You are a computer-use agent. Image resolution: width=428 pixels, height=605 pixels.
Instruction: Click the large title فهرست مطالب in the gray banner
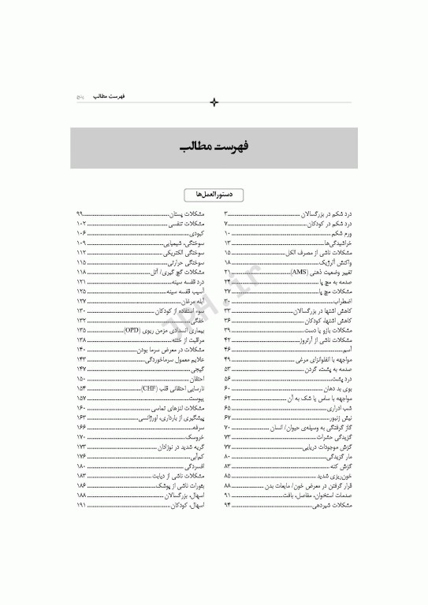[214, 147]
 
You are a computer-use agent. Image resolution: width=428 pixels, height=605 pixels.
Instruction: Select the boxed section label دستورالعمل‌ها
[214, 194]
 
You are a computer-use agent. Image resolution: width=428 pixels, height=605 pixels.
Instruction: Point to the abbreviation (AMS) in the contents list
[301, 272]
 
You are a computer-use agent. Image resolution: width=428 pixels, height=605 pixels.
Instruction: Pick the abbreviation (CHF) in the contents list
[151, 388]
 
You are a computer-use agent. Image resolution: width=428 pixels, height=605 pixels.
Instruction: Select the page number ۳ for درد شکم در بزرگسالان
[226, 214]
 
